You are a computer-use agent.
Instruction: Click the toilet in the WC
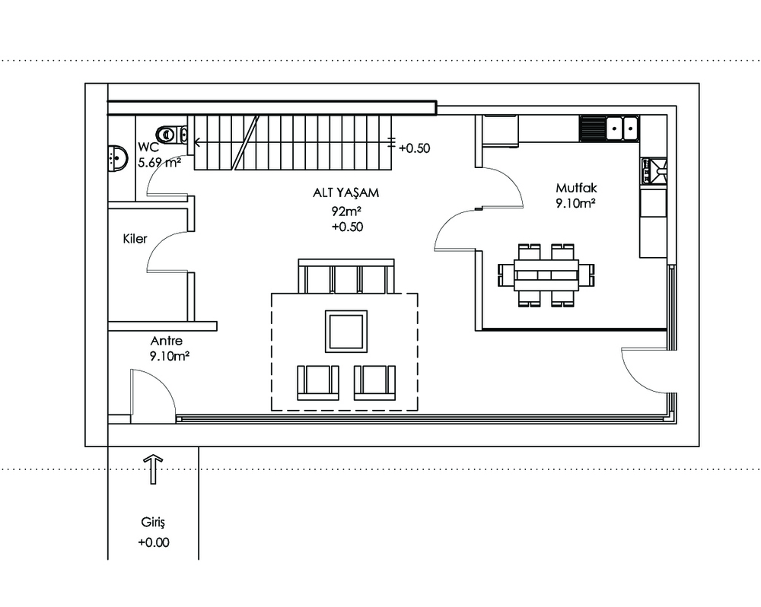(172, 134)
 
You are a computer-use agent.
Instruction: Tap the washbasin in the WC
(117, 158)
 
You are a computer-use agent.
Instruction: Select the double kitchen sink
(622, 128)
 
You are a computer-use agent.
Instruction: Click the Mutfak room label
(577, 188)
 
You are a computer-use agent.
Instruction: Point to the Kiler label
(135, 239)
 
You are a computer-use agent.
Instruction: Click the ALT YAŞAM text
(345, 192)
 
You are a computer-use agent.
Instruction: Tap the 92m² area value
(346, 211)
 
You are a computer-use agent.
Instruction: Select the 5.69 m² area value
(159, 163)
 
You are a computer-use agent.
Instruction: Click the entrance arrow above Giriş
(154, 469)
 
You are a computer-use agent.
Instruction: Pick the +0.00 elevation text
(154, 542)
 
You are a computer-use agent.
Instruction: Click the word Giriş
(154, 523)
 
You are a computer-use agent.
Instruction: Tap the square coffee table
(346, 332)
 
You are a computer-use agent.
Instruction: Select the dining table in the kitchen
(546, 275)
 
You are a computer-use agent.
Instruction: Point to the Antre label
(167, 341)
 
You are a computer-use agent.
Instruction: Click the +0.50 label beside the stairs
(415, 148)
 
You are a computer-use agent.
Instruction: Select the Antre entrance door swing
(154, 393)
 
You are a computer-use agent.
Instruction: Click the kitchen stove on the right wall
(654, 171)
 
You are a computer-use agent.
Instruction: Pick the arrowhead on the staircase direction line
(198, 142)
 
